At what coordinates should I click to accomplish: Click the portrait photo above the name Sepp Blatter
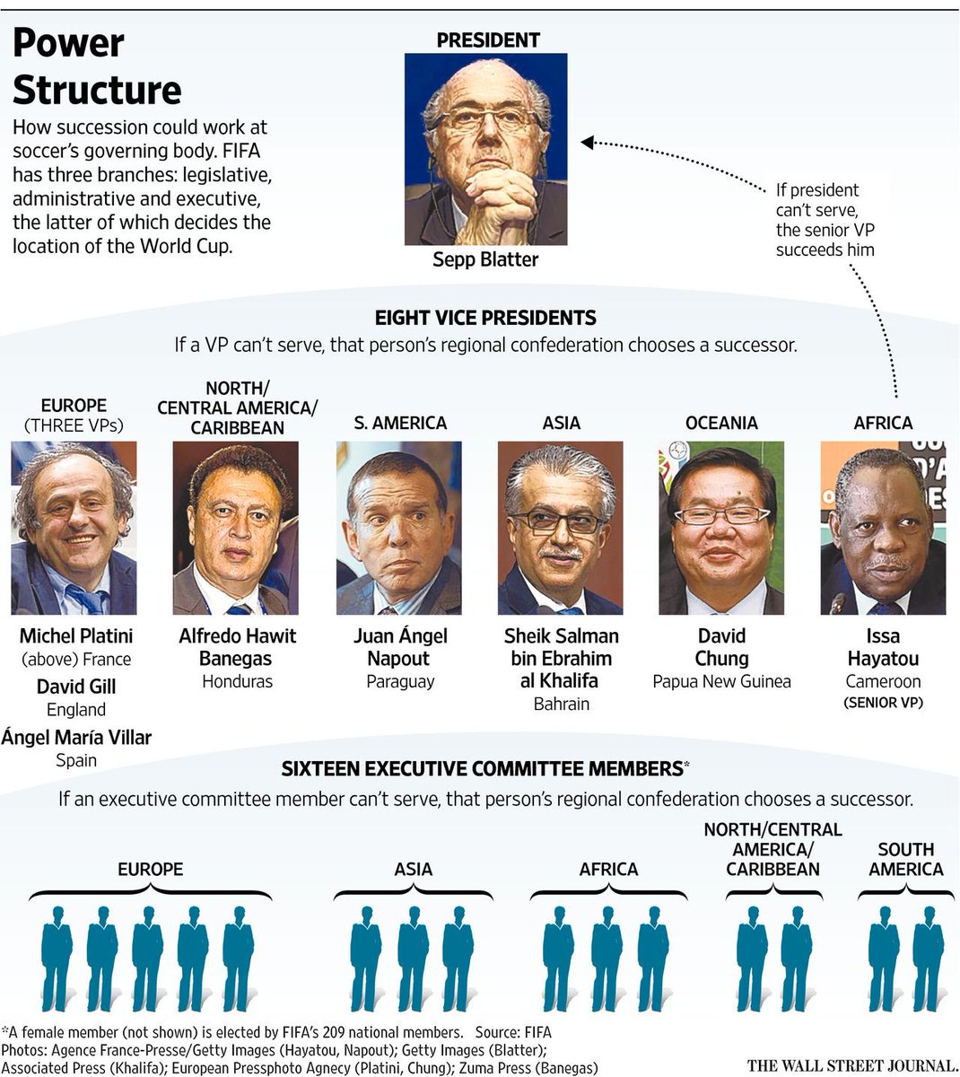tap(485, 149)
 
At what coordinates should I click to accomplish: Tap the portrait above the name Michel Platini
tap(74, 528)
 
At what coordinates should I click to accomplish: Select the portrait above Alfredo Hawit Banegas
tap(237, 528)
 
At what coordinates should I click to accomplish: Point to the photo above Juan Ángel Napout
tap(399, 528)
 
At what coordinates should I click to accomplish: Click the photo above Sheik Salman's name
tap(561, 528)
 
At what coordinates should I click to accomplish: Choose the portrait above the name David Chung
tap(721, 528)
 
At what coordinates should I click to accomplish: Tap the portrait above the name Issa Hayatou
tap(883, 528)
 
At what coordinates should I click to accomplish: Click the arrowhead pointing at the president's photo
tap(588, 142)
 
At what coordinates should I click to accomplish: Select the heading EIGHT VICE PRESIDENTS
tap(485, 317)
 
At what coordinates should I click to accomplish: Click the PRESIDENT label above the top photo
tap(488, 39)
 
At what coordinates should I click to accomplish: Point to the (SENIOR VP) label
tap(883, 703)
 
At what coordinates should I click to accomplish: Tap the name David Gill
tap(76, 687)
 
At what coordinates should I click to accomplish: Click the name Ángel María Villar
tap(76, 738)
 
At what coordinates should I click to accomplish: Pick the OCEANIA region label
tap(721, 423)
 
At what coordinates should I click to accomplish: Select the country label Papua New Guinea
tap(721, 681)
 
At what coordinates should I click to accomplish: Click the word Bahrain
tap(561, 704)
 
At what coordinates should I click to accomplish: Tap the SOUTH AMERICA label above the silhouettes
tap(905, 859)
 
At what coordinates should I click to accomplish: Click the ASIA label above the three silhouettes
tap(413, 869)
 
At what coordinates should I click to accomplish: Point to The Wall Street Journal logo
tap(851, 1065)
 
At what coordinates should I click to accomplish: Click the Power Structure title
tap(97, 66)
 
